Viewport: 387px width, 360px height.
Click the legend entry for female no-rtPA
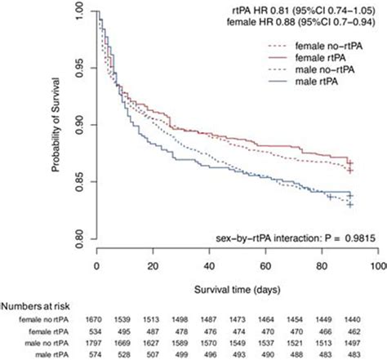point(327,47)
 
